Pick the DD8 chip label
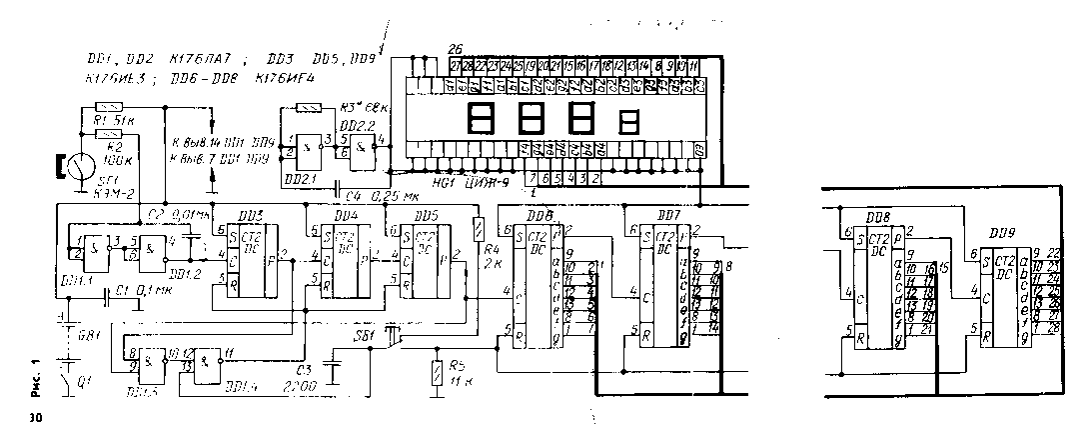(879, 216)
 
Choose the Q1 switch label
(83, 379)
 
